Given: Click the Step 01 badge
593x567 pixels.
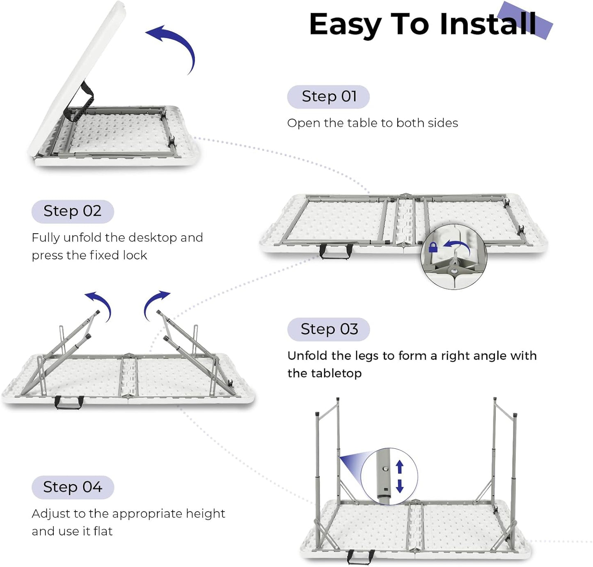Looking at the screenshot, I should pyautogui.click(x=328, y=97).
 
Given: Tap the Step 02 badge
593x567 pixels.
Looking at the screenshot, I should pyautogui.click(x=73, y=211).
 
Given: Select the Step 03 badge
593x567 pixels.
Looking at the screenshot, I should pyautogui.click(x=329, y=329).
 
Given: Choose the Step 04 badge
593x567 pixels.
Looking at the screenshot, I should pyautogui.click(x=73, y=487).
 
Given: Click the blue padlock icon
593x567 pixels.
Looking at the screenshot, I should pyautogui.click(x=433, y=247).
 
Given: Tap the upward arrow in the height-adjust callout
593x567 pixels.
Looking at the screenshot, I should pyautogui.click(x=400, y=467).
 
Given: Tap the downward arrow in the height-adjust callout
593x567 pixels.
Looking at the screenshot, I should pyautogui.click(x=400, y=486).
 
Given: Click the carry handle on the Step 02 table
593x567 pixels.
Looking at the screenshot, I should pyautogui.click(x=336, y=251).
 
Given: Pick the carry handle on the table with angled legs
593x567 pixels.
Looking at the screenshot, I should pyautogui.click(x=69, y=402).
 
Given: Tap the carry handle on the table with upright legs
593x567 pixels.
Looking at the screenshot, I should pyautogui.click(x=360, y=557).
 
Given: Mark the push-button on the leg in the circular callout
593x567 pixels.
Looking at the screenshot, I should pyautogui.click(x=385, y=468).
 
